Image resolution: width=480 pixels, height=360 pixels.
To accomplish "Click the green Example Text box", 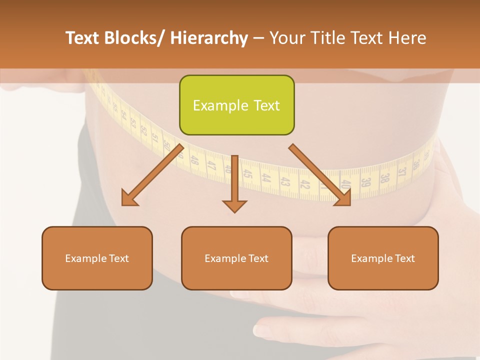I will point(236,105).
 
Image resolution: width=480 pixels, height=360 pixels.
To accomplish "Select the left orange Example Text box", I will point(97,258).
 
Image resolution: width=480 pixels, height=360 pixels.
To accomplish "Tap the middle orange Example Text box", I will point(236,258).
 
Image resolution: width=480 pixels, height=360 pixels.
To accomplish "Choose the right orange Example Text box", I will point(383,258).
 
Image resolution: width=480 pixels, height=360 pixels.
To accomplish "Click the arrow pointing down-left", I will point(152,175).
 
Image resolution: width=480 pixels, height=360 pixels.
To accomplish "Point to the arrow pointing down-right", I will point(320,175).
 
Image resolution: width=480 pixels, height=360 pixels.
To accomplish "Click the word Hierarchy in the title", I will point(209,38).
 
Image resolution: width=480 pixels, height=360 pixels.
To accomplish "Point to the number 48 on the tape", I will point(195,161).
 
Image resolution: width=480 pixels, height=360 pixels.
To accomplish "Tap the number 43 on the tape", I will point(285,181).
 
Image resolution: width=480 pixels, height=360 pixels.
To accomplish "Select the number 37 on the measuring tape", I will point(402,172).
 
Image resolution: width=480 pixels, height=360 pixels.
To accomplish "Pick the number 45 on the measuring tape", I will point(247,174).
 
